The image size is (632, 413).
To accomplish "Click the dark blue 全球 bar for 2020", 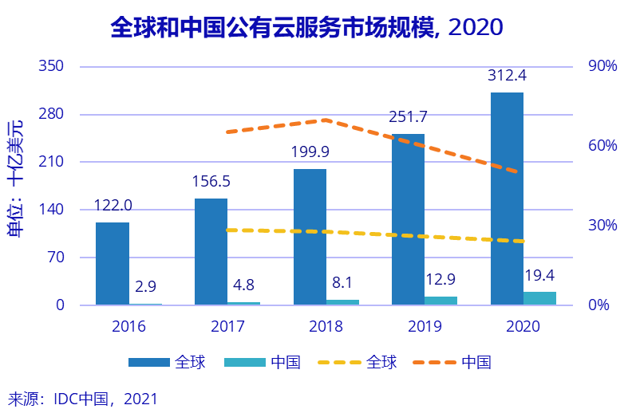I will pos(507,199).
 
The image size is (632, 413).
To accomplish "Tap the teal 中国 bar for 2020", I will pos(539,297).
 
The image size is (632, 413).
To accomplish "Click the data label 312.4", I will pos(508,77).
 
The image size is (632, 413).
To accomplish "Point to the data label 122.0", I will pos(113,206).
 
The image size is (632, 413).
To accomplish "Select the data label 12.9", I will pos(440,280).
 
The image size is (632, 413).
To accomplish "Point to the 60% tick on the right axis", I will pos(603,146).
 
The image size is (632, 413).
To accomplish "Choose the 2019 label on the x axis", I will pos(424,326).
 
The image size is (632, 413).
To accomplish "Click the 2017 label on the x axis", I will pos(227,326).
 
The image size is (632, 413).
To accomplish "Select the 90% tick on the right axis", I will pos(603,66).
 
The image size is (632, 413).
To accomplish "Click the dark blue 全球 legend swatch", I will pos(149,363).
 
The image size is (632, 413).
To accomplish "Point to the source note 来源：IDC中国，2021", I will pos(83,398).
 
